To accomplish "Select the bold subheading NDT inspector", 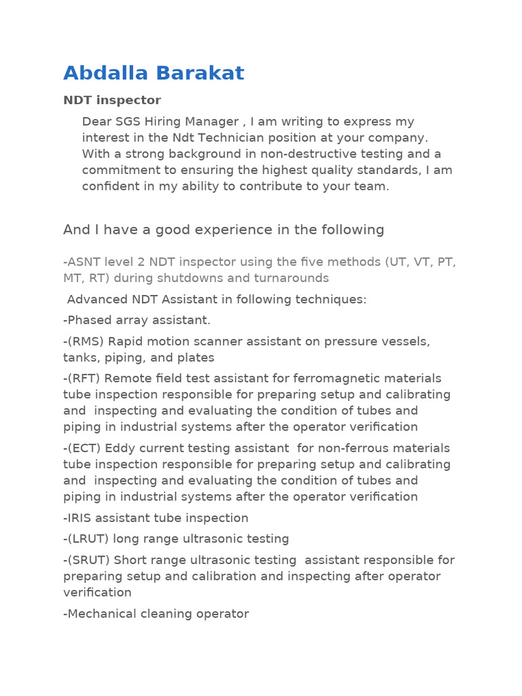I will [112, 101].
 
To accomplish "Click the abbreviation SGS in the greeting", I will [128, 122].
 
